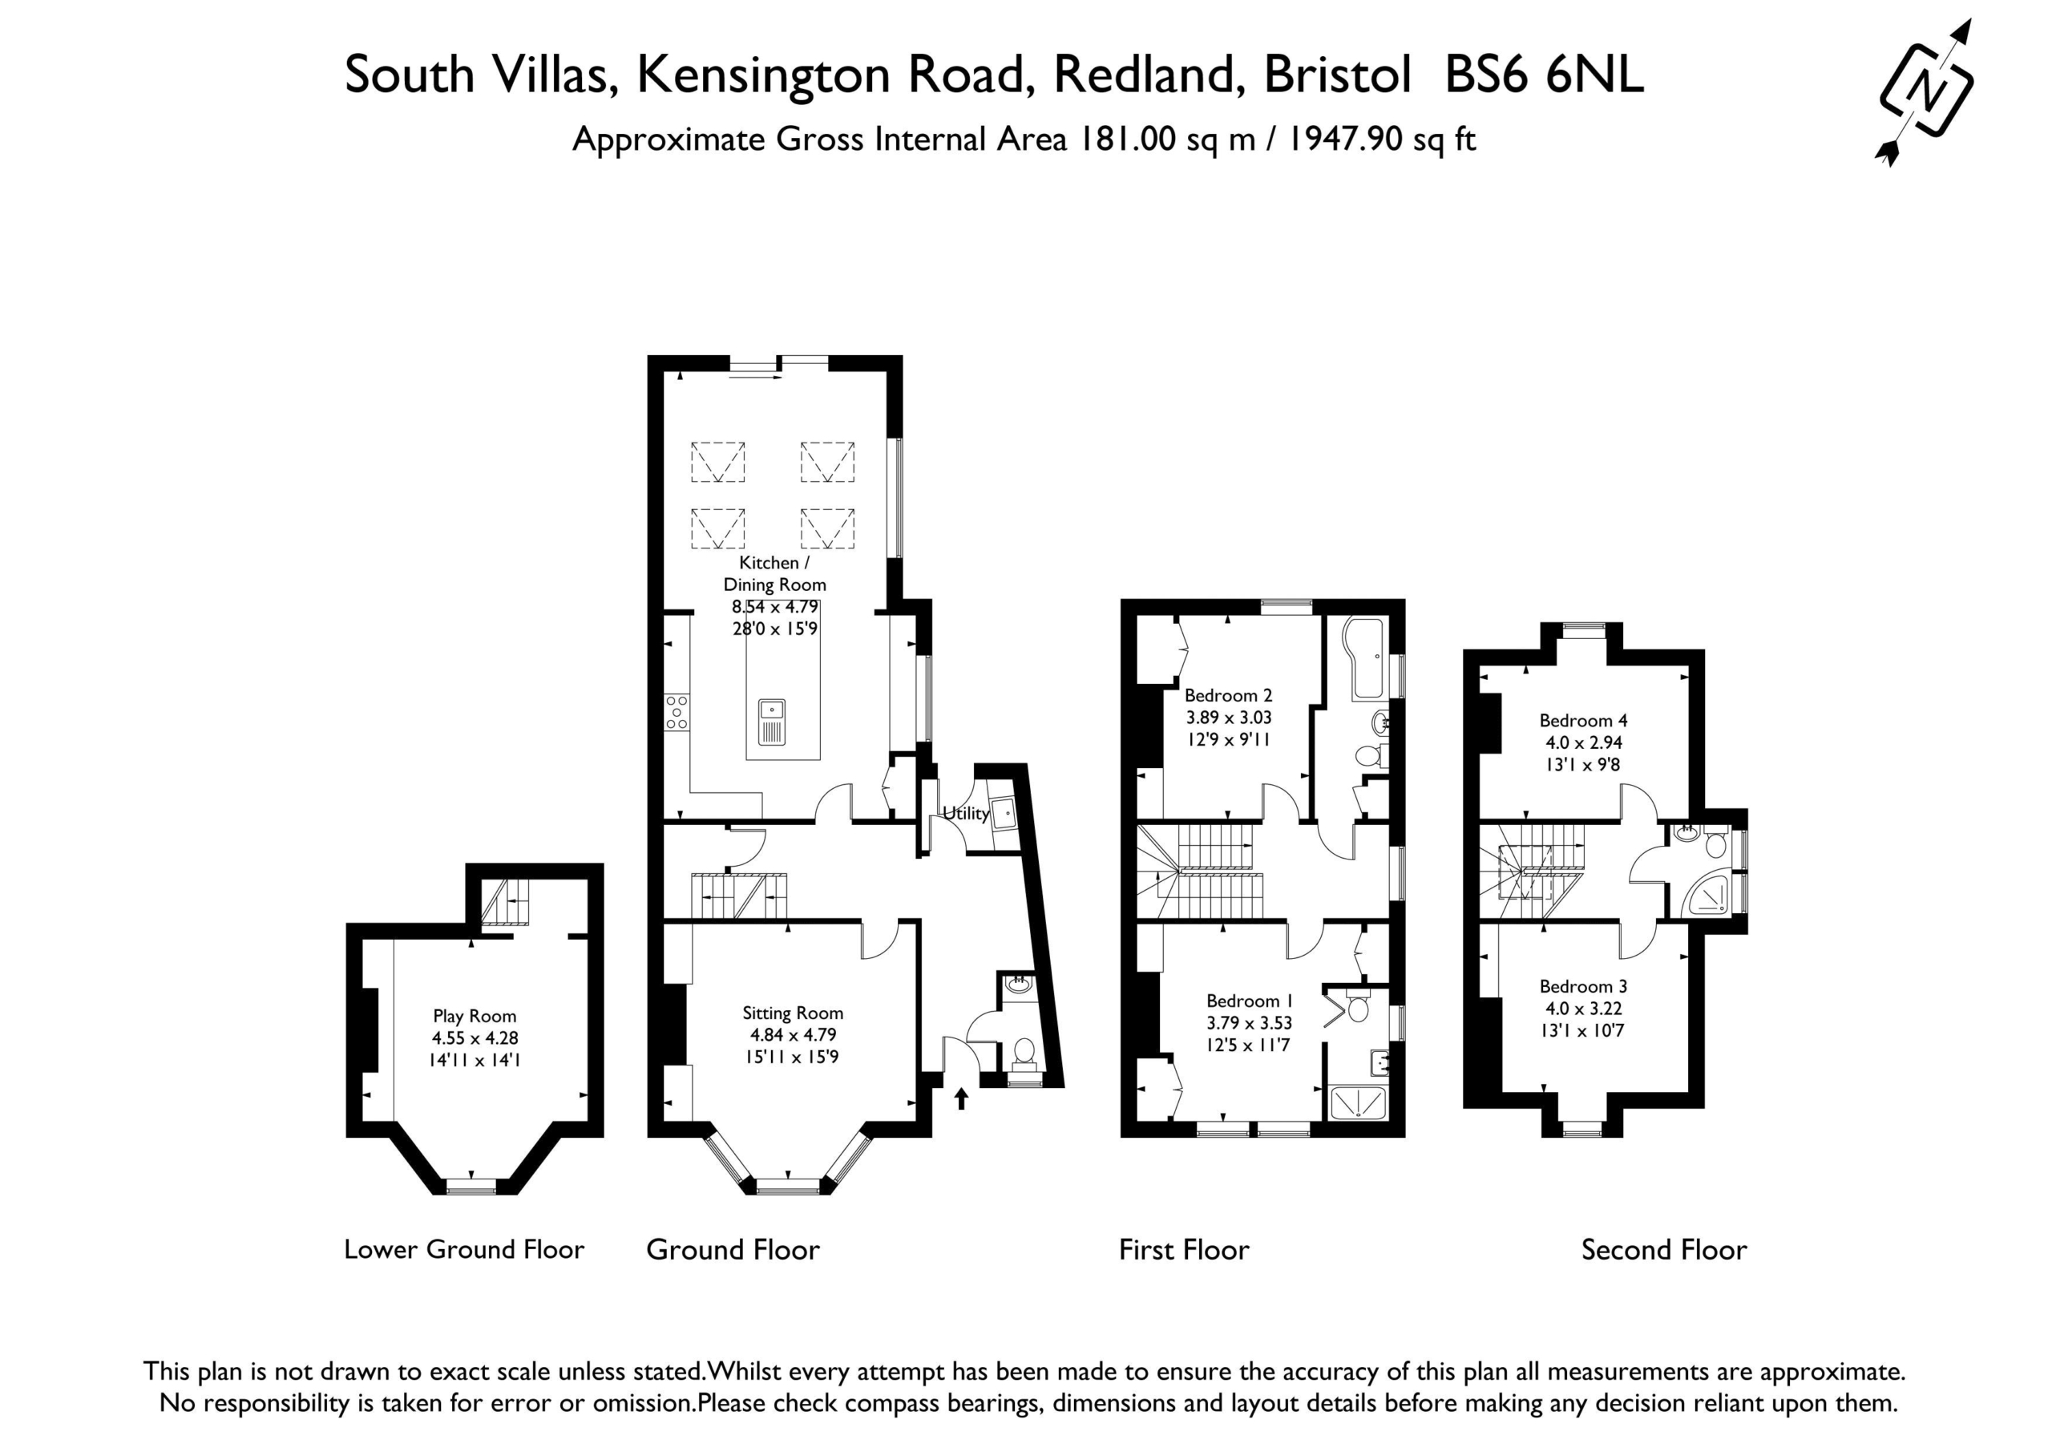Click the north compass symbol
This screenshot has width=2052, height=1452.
1925,92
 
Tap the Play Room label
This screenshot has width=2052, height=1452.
475,1016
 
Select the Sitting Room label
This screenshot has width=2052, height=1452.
793,1013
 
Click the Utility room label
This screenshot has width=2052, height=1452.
966,814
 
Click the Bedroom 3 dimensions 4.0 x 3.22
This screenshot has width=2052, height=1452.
1584,1009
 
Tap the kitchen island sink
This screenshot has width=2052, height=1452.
772,722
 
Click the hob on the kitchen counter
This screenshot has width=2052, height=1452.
677,713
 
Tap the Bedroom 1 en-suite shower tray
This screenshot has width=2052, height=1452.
1358,1102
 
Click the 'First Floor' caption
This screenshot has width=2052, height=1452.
1184,1250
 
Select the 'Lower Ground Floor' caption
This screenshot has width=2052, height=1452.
464,1250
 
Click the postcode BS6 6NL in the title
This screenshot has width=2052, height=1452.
1545,75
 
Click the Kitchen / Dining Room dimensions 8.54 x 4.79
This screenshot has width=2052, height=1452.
775,607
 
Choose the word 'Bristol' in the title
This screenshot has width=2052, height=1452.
1338,75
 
